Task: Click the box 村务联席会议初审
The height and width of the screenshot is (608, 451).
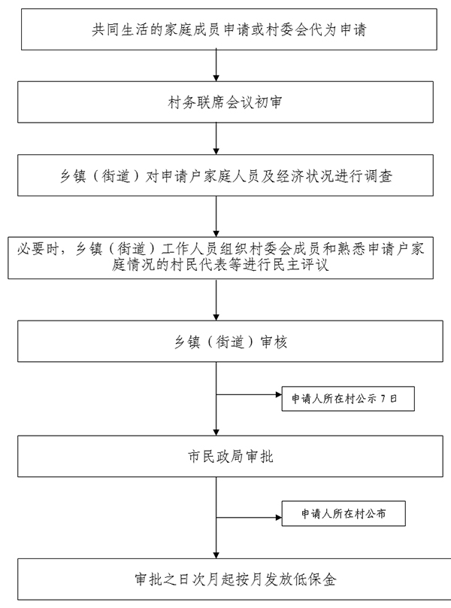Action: click(x=225, y=102)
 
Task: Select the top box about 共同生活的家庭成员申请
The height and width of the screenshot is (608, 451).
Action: click(x=229, y=29)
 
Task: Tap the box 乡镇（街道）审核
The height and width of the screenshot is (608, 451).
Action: click(x=230, y=341)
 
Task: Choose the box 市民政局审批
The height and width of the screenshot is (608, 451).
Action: click(x=230, y=456)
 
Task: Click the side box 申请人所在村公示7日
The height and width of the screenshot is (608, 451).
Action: click(x=348, y=399)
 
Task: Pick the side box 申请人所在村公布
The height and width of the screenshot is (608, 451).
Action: click(x=344, y=513)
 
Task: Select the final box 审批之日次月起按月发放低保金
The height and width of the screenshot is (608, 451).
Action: click(x=234, y=579)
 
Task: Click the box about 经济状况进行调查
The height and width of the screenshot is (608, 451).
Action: click(x=225, y=175)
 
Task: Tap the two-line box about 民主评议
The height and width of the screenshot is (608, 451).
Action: click(x=220, y=258)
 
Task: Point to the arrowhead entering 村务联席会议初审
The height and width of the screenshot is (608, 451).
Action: click(x=216, y=78)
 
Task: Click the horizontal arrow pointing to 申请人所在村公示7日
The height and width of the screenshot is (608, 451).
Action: click(x=249, y=395)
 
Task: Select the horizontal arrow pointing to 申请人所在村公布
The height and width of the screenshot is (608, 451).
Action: click(x=249, y=517)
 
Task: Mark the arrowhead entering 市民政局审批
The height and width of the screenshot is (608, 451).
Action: click(x=216, y=433)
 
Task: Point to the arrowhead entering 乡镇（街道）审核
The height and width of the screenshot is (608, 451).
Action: click(x=216, y=318)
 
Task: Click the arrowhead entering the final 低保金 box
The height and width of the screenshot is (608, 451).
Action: click(x=216, y=555)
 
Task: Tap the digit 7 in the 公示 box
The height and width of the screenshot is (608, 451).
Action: click(x=383, y=399)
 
